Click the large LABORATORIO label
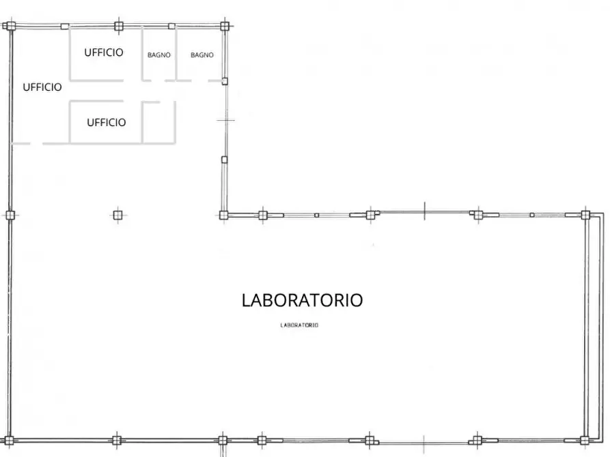tap(302, 300)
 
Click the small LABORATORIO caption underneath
tap(300, 325)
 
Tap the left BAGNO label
tap(158, 55)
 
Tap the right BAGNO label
tap(202, 55)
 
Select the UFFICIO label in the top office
tap(104, 52)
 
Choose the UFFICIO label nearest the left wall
tap(42, 87)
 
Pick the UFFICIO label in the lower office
tap(106, 122)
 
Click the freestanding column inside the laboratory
tap(117, 215)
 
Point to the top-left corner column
tap(10, 27)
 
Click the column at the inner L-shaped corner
tap(223, 215)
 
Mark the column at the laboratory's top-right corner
tap(585, 215)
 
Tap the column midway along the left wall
tap(10, 215)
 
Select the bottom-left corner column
tap(10, 440)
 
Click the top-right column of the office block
tap(224, 26)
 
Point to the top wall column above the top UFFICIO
tap(119, 26)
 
